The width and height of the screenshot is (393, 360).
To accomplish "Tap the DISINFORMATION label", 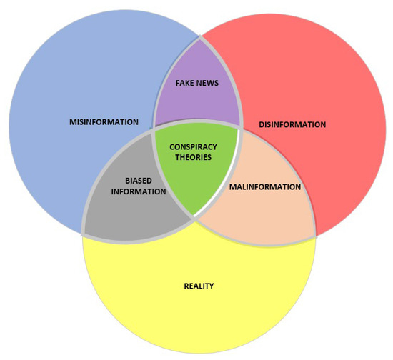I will pyautogui.click(x=292, y=124).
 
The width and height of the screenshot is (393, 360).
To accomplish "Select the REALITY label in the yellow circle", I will pyautogui.click(x=198, y=286).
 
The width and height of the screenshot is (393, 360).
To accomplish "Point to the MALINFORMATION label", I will pyautogui.click(x=264, y=187).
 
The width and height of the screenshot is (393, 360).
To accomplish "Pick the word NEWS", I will pyautogui.click(x=212, y=83).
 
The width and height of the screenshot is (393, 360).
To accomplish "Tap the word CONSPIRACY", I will pyautogui.click(x=196, y=146).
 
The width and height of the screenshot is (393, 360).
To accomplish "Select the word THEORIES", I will pyautogui.click(x=196, y=157).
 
